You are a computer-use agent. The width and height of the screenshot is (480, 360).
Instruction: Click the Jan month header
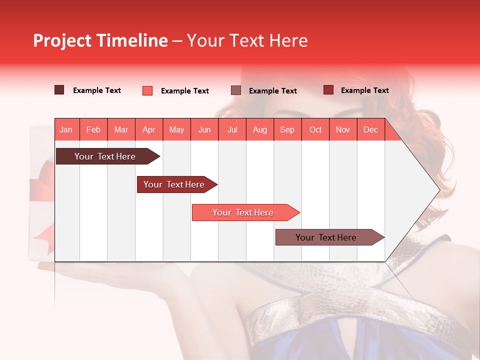tap(66, 129)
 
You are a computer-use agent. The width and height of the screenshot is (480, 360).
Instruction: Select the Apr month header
tap(149, 129)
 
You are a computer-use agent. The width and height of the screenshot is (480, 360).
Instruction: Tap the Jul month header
tap(232, 129)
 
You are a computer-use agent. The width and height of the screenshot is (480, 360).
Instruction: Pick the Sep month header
tap(287, 129)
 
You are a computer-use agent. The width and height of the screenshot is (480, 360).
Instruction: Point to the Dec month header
tap(370, 129)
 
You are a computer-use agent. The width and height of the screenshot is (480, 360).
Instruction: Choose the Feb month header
tap(93, 129)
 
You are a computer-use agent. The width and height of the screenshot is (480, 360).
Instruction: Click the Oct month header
tap(315, 129)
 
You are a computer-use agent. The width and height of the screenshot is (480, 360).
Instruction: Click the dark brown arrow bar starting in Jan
tap(105, 156)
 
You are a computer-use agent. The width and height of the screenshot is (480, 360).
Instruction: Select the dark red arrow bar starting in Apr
tap(174, 184)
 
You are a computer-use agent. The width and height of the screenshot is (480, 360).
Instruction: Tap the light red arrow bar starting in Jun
tap(243, 212)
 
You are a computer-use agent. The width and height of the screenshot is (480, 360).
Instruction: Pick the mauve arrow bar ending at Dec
tap(326, 237)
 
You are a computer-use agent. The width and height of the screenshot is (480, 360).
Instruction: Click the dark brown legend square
tap(59, 90)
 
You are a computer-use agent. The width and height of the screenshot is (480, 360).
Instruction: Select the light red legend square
tap(147, 90)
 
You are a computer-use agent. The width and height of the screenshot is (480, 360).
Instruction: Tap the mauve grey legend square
tap(236, 90)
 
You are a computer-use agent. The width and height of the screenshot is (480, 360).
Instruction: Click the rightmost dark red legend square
tap(328, 90)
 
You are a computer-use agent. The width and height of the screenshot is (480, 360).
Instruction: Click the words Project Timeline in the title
tap(100, 40)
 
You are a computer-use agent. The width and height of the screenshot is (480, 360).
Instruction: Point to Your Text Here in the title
tap(247, 40)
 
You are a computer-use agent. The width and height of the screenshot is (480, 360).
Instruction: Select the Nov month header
tap(343, 129)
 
